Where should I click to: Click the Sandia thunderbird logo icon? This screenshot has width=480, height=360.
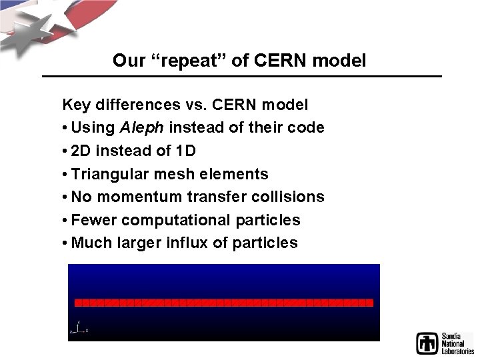tap(427, 343)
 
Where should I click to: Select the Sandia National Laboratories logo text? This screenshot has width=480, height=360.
tap(457, 343)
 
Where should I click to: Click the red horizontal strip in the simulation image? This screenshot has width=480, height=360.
tap(223, 303)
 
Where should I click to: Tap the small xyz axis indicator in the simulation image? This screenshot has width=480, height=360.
tap(79, 328)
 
